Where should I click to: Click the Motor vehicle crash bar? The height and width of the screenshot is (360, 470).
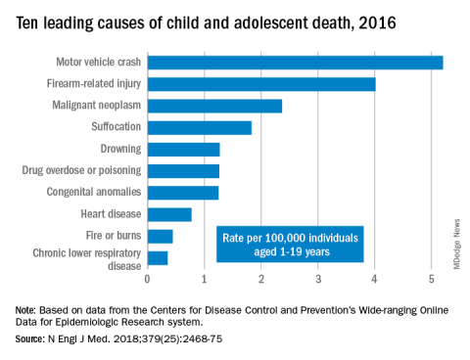click(x=295, y=63)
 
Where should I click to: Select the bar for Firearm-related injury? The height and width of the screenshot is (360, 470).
click(x=261, y=84)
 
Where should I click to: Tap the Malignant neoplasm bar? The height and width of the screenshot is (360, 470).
click(x=214, y=106)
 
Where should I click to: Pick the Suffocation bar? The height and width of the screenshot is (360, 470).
click(x=200, y=128)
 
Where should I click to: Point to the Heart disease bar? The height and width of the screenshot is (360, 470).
click(x=169, y=214)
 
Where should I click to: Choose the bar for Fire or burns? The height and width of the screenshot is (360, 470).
click(x=160, y=237)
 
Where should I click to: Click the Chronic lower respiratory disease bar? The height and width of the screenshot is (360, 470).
click(x=158, y=258)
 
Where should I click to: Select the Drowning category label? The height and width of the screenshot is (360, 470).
click(x=120, y=149)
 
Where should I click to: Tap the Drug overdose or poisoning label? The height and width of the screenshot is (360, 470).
click(x=81, y=170)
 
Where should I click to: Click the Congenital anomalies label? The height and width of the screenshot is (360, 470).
click(x=94, y=192)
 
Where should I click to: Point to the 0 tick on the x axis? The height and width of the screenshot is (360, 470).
click(x=148, y=279)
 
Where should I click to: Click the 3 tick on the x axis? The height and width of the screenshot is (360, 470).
click(x=318, y=279)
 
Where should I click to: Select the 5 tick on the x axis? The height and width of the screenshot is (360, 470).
click(x=432, y=279)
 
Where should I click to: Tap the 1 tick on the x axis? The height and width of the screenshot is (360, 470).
click(x=205, y=279)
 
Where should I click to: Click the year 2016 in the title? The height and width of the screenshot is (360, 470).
click(x=377, y=23)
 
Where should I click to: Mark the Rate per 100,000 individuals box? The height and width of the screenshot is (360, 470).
click(x=290, y=245)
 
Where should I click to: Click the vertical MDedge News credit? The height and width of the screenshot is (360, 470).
click(x=456, y=244)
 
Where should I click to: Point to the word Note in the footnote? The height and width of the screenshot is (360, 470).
click(x=25, y=310)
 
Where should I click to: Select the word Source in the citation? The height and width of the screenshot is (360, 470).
click(x=29, y=339)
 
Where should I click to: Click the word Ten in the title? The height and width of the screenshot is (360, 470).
click(x=27, y=23)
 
